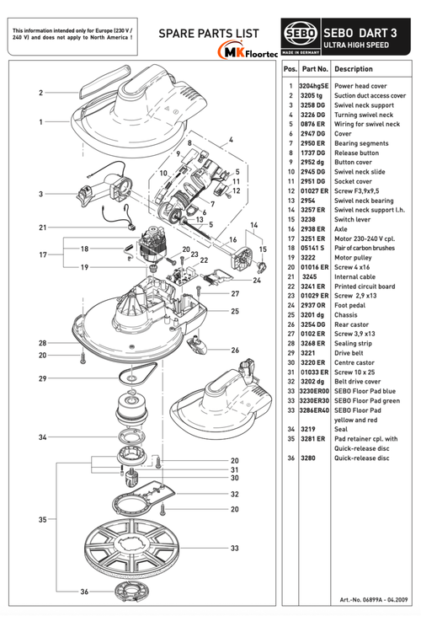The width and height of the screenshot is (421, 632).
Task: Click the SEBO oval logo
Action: click(x=301, y=34)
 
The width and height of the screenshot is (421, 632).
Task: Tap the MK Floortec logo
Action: click(x=248, y=51)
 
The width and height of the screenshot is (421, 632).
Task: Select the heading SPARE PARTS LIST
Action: click(x=209, y=34)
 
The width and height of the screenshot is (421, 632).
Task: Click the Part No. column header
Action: click(x=315, y=69)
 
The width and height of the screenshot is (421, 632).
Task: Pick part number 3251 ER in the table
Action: click(x=312, y=238)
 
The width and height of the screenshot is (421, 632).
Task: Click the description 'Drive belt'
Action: click(x=349, y=353)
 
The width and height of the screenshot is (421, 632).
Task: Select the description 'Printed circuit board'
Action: click(x=365, y=287)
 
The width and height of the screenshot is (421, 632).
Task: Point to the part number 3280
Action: click(x=308, y=458)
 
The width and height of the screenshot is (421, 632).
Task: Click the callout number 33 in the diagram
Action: click(x=234, y=549)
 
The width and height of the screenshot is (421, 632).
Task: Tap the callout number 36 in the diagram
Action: click(x=84, y=592)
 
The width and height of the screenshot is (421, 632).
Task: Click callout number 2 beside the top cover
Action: click(x=40, y=93)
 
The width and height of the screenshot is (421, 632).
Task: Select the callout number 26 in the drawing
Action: click(x=235, y=351)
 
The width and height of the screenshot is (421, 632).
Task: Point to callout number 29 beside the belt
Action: click(x=43, y=378)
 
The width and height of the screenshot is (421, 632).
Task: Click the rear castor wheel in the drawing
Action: click(x=197, y=344)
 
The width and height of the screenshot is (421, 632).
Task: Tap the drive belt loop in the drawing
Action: click(x=137, y=372)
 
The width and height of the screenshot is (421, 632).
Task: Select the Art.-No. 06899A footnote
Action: click(x=374, y=600)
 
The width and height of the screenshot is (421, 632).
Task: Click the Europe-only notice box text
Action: click(x=72, y=34)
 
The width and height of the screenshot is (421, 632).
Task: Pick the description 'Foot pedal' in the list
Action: click(x=349, y=306)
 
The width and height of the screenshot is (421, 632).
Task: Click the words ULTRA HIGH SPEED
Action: click(x=356, y=46)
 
